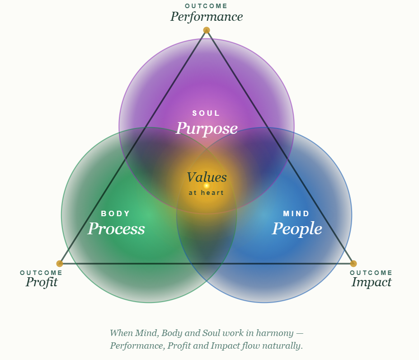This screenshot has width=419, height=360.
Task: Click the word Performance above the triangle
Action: point(207,17)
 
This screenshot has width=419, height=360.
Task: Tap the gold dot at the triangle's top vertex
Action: point(207,30)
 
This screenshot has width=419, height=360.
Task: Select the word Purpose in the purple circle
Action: point(207,128)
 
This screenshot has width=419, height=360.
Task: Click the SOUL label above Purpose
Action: point(206,113)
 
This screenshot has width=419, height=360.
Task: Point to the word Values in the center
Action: point(207,177)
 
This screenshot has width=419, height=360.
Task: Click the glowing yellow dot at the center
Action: point(207,185)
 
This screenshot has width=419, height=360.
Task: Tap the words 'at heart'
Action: point(206,193)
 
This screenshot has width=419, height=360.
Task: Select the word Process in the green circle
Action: point(116,229)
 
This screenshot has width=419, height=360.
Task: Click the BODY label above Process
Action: point(116,213)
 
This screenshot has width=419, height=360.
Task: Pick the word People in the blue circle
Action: point(297,229)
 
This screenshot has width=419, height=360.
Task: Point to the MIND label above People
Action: point(297,213)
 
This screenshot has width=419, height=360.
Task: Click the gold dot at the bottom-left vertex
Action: point(60,264)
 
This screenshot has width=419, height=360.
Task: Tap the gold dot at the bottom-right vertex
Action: point(353,264)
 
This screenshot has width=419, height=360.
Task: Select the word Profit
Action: point(42,282)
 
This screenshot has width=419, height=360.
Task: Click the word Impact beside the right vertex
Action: point(372,282)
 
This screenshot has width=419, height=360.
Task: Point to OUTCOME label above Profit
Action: point(41,273)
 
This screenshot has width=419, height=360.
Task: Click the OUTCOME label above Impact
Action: point(371,273)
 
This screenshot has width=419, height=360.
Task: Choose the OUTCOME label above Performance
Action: point(206,6)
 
